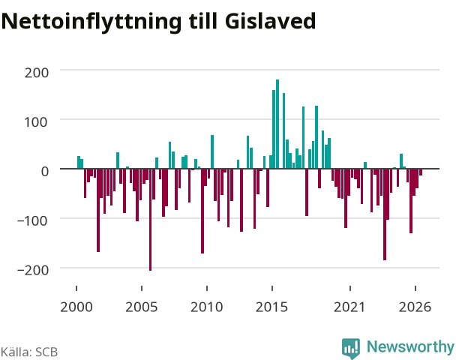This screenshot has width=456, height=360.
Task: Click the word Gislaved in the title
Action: coord(270,21)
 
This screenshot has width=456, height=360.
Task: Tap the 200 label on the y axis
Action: coord(36,73)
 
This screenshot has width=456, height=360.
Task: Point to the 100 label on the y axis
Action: coord(35,122)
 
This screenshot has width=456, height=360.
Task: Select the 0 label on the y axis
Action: coord(45,172)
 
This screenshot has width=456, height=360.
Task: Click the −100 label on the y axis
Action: coord(32,221)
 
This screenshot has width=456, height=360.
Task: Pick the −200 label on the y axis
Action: coord(33,271)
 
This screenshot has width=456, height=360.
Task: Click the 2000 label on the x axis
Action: coord(76,307)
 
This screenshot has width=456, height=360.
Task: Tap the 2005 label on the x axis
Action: coord(142,307)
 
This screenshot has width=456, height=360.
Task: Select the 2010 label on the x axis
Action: coord(207,307)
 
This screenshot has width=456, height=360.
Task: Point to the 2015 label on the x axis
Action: coord(272,307)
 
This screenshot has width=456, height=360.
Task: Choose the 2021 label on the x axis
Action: coord(349,307)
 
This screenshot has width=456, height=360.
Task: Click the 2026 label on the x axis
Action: coord(415,307)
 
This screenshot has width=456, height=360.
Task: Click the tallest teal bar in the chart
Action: coord(277,124)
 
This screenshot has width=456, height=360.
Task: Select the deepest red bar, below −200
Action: coord(150,220)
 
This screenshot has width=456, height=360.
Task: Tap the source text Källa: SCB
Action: coord(29,352)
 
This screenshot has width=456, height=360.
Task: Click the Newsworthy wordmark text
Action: coord(410,346)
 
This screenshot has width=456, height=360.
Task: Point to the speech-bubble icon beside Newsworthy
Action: coord(351,348)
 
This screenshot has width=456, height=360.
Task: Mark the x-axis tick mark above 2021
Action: coord(349,288)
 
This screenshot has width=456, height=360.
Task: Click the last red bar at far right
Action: coord(421,172)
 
